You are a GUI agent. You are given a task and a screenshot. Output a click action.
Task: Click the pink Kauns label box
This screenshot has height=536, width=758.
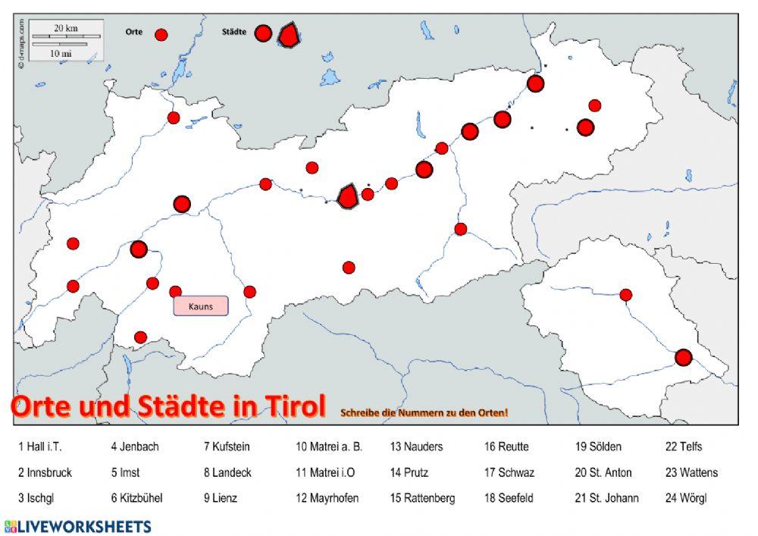(201, 306)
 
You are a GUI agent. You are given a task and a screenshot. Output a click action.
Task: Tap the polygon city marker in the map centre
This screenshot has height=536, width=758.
(347, 196)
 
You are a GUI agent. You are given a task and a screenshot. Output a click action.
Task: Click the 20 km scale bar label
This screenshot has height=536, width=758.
(66, 28)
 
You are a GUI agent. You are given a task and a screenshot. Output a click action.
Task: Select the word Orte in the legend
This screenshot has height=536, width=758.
(133, 33)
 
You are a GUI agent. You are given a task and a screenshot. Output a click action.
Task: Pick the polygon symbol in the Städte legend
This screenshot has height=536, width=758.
(289, 35)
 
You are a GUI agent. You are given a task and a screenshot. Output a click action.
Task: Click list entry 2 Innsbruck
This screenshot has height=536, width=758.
(45, 472)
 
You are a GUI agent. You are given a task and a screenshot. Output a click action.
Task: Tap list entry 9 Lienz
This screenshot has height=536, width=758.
(220, 498)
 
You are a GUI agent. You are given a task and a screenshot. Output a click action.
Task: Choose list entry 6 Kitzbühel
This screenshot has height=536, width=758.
(136, 498)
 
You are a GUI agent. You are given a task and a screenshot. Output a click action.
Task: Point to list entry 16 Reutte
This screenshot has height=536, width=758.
(506, 447)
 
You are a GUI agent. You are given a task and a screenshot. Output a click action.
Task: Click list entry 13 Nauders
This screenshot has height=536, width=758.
(416, 447)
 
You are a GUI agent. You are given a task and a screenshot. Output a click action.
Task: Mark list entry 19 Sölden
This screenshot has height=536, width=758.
(598, 447)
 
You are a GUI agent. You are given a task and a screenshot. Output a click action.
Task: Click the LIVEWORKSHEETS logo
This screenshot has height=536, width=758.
(77, 526)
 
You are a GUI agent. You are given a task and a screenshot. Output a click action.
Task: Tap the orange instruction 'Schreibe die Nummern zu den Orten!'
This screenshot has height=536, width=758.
(424, 412)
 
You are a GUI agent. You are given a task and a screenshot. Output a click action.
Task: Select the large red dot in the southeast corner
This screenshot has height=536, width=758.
(684, 357)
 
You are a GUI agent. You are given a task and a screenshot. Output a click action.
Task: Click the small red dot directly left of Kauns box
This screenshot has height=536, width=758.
(175, 292)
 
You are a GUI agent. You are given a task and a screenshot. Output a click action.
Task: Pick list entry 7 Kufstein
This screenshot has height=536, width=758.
(226, 447)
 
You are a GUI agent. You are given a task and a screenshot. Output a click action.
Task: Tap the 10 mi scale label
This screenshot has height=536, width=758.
(61, 54)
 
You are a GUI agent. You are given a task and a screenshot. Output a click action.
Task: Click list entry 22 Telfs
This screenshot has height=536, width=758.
(684, 447)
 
